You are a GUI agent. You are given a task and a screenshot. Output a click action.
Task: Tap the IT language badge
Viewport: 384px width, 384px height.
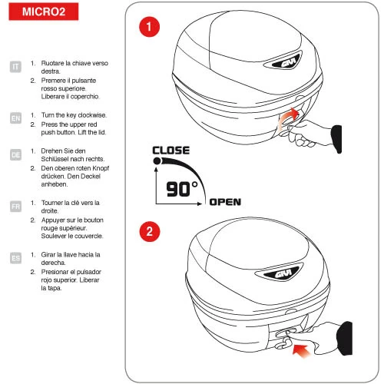(x=15, y=67)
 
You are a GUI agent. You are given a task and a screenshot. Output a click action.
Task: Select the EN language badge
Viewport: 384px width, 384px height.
(x=15, y=118)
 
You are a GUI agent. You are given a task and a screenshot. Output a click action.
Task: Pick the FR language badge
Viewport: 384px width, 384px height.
(x=15, y=206)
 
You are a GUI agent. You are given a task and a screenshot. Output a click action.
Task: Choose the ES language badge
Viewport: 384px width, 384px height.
(x=15, y=258)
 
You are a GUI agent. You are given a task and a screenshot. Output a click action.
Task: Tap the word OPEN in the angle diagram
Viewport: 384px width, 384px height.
(x=225, y=203)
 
